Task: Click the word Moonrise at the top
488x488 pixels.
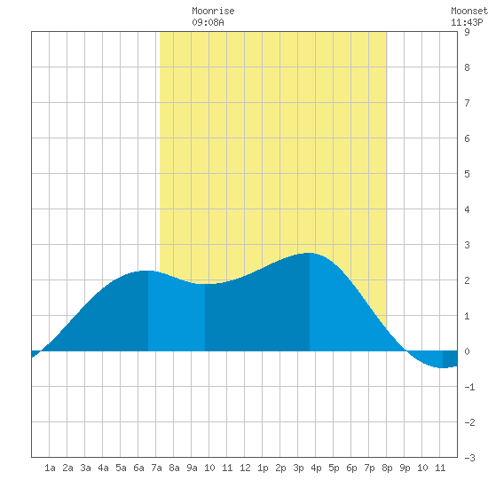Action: (213, 11)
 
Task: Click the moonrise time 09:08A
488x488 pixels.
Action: (208, 22)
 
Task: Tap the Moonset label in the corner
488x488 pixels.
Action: (469, 11)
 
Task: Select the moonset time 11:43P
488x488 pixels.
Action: (467, 22)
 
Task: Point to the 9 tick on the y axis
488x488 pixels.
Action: (467, 32)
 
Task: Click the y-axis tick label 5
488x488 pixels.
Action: (467, 174)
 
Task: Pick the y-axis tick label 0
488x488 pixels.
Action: (467, 351)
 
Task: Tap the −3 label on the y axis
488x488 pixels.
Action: (469, 458)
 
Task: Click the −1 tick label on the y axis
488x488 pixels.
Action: (469, 387)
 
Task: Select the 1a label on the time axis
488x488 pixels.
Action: (50, 468)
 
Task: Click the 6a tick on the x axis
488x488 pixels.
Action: (138, 468)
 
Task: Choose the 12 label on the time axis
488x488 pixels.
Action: (245, 468)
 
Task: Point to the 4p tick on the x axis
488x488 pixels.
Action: (316, 468)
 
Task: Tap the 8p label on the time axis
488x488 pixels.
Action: (387, 468)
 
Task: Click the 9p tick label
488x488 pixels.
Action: (405, 468)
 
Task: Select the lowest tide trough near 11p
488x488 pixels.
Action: (443, 368)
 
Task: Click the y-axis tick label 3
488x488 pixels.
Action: (467, 245)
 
